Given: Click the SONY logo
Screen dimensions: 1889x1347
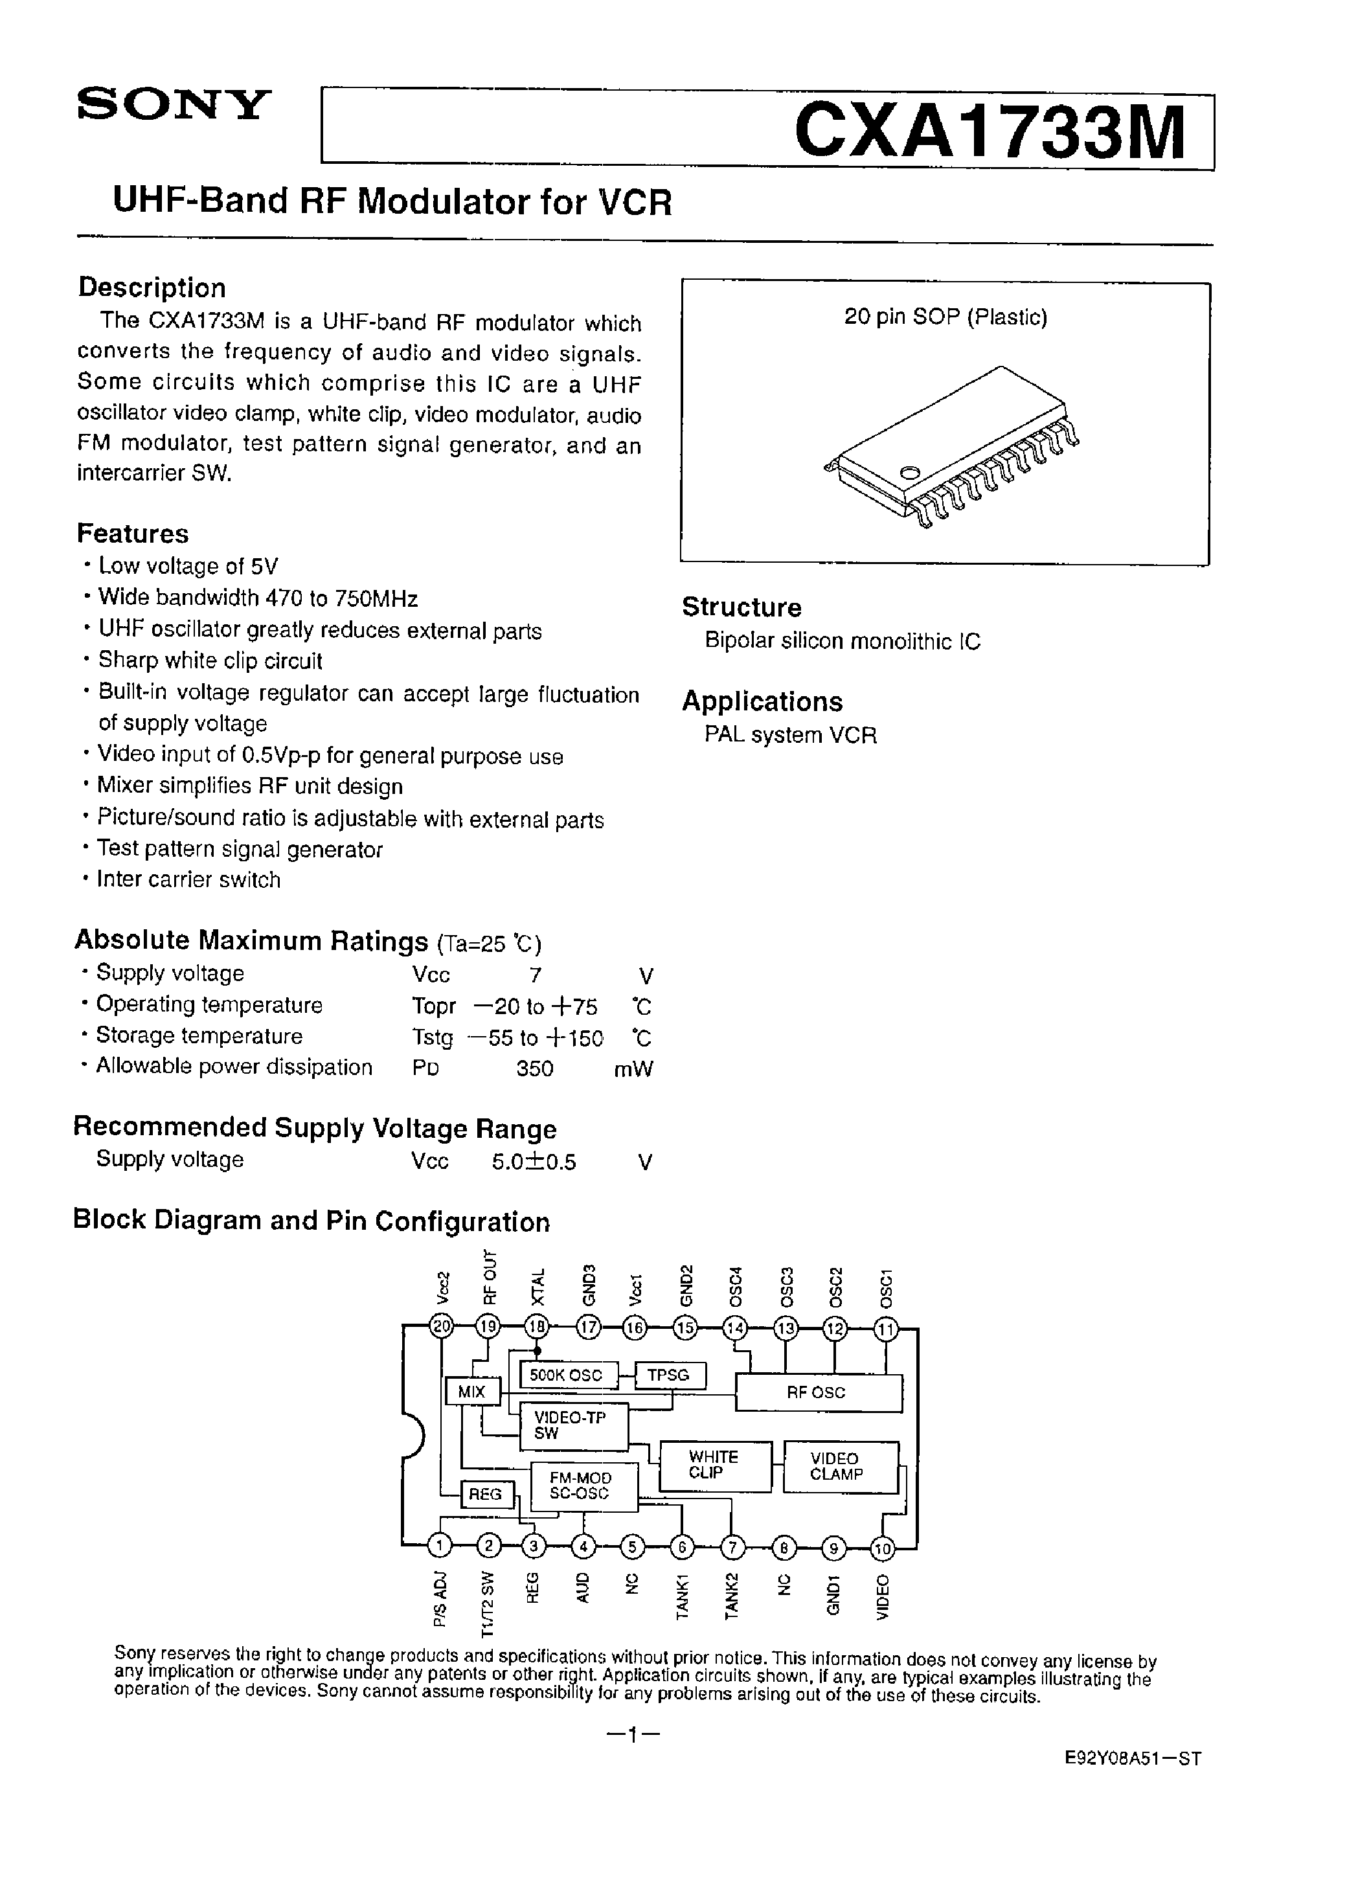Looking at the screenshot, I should (x=174, y=106).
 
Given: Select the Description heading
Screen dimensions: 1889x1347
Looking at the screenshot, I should (x=152, y=288).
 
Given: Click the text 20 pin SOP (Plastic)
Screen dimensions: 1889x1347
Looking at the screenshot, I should (x=945, y=317).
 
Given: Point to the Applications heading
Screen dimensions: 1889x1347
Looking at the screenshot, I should (x=762, y=701).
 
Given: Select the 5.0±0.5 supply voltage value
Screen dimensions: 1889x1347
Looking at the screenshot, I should (x=534, y=1162).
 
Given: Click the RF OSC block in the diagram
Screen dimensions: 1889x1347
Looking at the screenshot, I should (x=818, y=1393).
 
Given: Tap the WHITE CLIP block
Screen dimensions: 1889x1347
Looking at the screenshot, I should (x=714, y=1465).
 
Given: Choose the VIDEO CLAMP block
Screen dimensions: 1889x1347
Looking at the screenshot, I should (x=839, y=1466).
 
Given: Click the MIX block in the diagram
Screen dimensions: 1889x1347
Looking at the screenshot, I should (x=472, y=1392).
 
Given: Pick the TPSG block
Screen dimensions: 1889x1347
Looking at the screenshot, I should (x=668, y=1375).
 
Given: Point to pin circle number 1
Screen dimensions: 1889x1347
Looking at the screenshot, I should (x=440, y=1545).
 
